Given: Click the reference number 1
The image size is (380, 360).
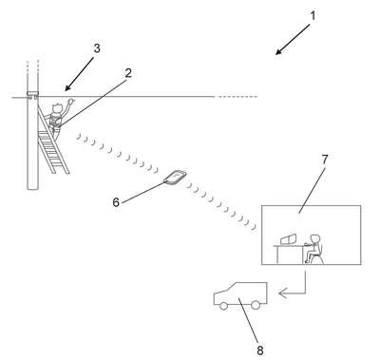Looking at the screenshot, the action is pos(313,16).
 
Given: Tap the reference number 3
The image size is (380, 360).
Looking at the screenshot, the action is pos(97,48).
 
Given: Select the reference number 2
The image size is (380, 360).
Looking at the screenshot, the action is pos(128,73).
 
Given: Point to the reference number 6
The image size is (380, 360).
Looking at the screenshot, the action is pos(116,202).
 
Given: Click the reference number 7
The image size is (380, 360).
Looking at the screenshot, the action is pos(325,160).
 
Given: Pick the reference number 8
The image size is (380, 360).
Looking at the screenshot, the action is pos(260,351).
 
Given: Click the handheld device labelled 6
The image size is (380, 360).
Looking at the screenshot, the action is pos(175,177).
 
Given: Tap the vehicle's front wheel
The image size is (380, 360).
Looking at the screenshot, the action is pos(223,306).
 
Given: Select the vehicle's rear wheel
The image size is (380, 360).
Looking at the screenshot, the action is pos(255,305).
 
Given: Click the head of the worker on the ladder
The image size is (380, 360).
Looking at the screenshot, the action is pos(57,108).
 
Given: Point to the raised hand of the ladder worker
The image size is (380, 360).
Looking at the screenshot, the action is pos(71,102).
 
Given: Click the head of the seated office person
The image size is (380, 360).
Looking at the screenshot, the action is pos(314,239).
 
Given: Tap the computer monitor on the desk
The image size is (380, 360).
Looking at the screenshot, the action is pos(289,239).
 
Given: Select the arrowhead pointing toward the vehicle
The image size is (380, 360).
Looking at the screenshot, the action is pos(282,294).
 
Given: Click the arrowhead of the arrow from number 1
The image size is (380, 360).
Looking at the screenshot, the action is pos(278,52).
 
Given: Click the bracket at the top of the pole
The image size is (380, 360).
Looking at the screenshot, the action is pos(32,95).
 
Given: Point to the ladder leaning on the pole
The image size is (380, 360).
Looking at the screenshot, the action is pos(53,139).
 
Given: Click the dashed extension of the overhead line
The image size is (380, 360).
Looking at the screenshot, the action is pos(237,97).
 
